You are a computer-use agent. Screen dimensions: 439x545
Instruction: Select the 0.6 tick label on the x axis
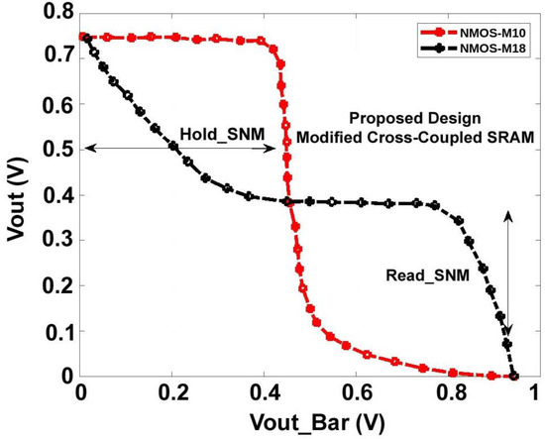354,393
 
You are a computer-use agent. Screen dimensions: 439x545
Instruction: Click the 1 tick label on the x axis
536,393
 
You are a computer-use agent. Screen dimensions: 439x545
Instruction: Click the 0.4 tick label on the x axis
263,393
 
